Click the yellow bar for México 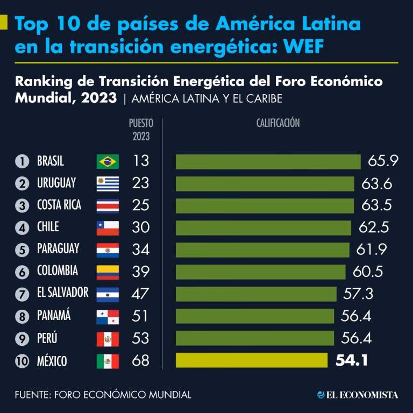coord(251,360)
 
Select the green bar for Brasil coord(268,161)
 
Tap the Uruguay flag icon coord(108,184)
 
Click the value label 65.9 coord(383,161)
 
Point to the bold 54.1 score coord(352,360)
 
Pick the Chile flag coord(108,228)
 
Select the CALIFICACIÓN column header coord(277,123)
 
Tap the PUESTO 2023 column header coord(140,130)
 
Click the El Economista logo coord(358,395)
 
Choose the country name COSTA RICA coord(59,205)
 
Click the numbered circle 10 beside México coord(22,361)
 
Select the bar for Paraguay coord(262,250)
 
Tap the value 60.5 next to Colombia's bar coord(368,272)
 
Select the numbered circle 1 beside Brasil coord(22,161)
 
